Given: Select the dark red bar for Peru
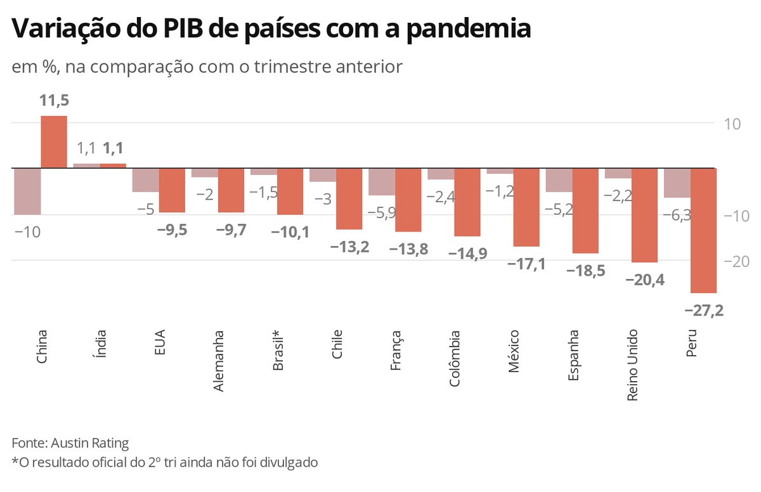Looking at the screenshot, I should click(x=703, y=230).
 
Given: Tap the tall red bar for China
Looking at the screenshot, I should click(x=54, y=142).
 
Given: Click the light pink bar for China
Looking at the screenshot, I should click(x=27, y=191).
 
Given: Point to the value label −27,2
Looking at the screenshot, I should click(x=704, y=310).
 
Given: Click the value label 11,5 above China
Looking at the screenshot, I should click(x=54, y=101).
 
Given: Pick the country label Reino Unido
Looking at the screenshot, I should click(x=632, y=365).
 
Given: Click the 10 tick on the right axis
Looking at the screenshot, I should click(x=734, y=124).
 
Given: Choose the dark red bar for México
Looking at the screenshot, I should click(x=526, y=207).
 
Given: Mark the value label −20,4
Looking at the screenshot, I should click(x=644, y=280).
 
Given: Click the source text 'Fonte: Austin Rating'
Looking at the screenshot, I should click(x=70, y=443).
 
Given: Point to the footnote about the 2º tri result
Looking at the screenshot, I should click(x=164, y=462).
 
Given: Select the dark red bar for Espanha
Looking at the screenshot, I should click(x=585, y=210).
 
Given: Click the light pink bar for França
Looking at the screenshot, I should click(x=382, y=182).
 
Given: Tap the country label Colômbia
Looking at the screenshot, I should click(x=455, y=358).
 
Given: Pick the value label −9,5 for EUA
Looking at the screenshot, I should click(x=171, y=230).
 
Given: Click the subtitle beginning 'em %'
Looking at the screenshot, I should click(x=207, y=67).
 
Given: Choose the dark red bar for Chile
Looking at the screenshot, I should click(x=349, y=199).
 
